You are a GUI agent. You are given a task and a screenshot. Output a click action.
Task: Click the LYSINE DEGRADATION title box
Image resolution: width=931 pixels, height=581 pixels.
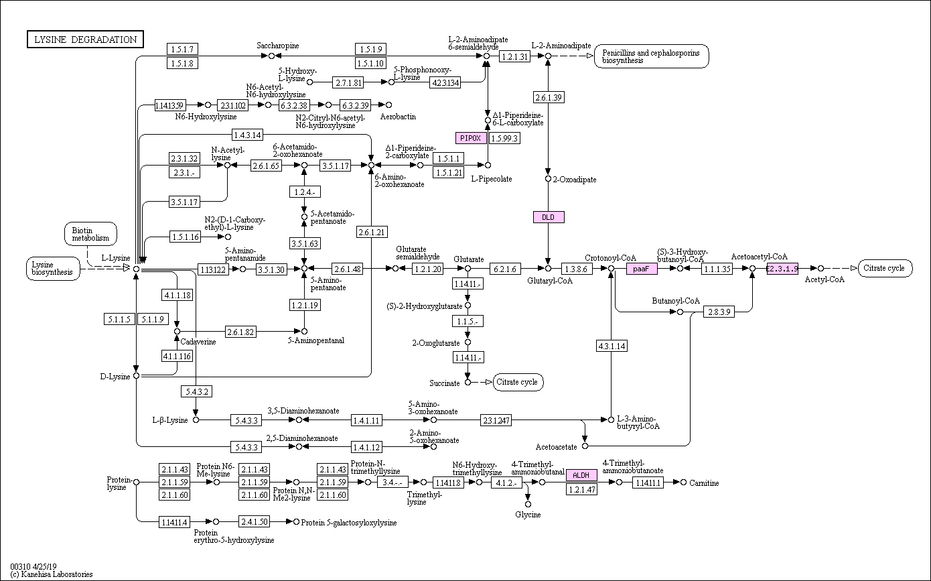[85, 40]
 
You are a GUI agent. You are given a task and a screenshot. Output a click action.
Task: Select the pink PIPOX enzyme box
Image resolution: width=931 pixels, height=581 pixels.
[471, 138]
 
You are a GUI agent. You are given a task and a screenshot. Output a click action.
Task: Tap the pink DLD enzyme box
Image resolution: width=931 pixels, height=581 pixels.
[549, 217]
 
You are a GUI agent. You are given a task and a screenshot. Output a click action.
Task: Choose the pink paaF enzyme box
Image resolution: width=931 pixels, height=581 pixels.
[642, 269]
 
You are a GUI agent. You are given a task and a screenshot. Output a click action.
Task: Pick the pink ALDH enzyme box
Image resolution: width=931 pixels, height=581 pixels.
[581, 475]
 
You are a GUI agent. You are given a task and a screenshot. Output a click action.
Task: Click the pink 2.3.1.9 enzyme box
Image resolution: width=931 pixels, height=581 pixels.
[782, 269]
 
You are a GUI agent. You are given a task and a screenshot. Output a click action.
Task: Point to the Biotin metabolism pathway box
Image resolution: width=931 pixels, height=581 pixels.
[90, 235]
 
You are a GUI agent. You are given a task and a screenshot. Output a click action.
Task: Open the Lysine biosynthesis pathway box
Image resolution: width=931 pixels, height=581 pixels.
[53, 269]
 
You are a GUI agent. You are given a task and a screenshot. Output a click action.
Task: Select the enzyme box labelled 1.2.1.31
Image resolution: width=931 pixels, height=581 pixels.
[514, 56]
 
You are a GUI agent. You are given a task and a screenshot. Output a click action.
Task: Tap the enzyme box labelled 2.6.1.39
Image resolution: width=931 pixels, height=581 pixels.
[549, 98]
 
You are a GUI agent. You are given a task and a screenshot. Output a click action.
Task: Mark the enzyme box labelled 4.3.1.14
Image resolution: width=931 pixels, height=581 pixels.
[611, 346]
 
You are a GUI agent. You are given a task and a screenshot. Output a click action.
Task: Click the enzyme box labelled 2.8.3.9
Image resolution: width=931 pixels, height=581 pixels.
[719, 312]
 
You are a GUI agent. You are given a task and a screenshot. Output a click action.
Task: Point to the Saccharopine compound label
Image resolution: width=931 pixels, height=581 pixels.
[278, 46]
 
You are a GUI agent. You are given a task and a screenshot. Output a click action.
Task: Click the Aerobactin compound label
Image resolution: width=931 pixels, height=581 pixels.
[398, 117]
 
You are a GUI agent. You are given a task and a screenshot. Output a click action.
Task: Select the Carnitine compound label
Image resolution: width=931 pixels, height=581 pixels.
[704, 483]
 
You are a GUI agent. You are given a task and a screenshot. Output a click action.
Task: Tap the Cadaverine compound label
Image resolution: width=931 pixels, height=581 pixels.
[198, 342]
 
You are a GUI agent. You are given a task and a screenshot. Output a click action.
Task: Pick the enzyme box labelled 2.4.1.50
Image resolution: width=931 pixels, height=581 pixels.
[255, 521]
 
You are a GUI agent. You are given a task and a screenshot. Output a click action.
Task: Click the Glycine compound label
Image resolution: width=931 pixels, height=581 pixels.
[528, 515]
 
